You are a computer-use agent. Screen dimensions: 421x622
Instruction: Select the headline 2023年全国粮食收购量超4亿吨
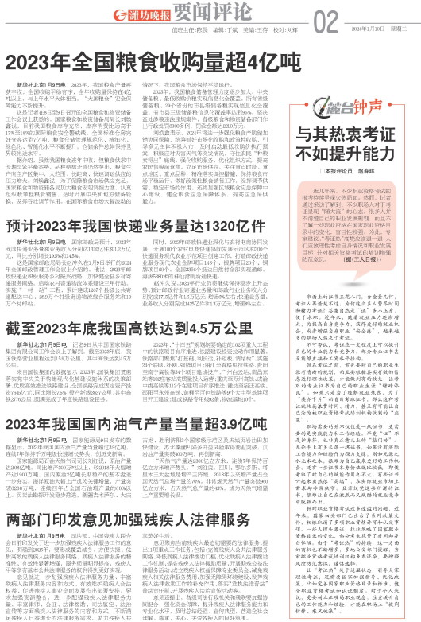point(151,64)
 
